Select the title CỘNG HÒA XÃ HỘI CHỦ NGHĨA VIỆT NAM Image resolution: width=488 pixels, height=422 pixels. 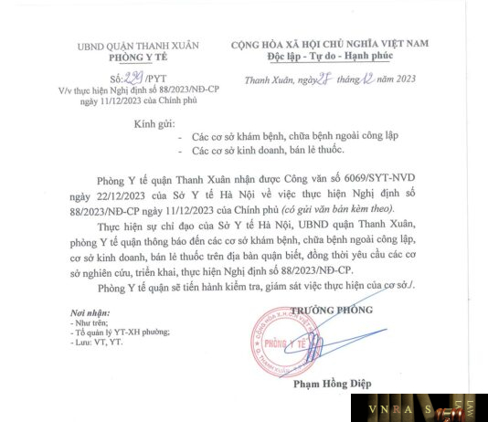click(x=343, y=43)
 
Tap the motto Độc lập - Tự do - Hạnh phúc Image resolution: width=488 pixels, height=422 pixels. click(x=343, y=56)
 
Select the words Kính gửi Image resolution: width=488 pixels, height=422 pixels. click(x=155, y=121)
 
